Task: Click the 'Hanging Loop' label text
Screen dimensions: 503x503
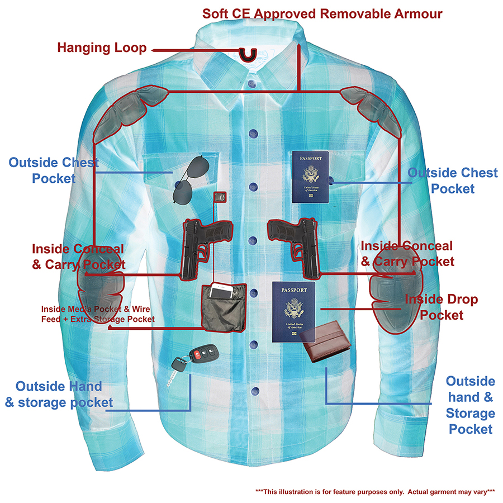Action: tap(102, 48)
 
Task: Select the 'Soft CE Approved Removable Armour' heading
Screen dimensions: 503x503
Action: tap(322, 13)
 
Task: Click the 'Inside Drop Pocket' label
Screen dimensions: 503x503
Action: tap(441, 307)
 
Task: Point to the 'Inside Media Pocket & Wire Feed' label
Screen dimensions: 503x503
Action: tap(98, 314)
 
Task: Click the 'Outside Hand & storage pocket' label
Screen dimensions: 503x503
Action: tap(59, 394)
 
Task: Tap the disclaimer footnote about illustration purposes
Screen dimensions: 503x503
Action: tap(375, 491)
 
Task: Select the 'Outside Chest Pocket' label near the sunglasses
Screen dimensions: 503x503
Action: tap(54, 170)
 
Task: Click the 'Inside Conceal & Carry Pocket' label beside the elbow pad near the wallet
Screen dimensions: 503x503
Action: tap(407, 253)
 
